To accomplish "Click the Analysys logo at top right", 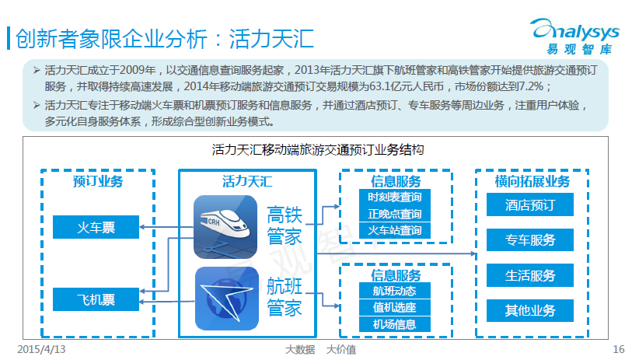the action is point(575,36).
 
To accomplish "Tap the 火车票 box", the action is point(96,227).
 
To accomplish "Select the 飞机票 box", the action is point(96,299).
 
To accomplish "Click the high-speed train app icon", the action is point(225,227).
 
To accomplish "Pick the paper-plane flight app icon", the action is point(226,299).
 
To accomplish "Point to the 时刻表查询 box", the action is point(394,197).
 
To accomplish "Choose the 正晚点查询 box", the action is point(394,214).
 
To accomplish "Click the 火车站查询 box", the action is point(394,230).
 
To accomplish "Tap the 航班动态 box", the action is point(394,291).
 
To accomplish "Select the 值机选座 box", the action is point(394,307).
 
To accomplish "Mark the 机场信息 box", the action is point(394,324).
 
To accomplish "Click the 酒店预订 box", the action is point(530,204).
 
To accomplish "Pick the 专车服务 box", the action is point(530,239).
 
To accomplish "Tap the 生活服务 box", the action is point(530,275).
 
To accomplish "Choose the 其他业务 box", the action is point(530,311).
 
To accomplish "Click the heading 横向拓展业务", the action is point(532,181).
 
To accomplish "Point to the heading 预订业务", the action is point(98,181).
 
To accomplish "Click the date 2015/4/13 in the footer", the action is point(41,349).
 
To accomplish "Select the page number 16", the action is point(618,349).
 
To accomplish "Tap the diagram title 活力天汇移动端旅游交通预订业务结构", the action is point(318,149).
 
